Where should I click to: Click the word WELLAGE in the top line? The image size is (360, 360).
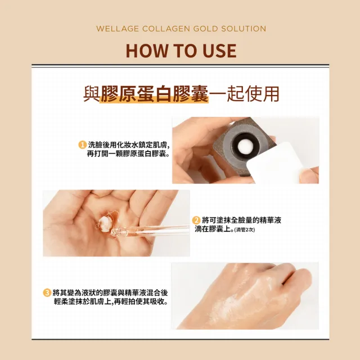[116, 29]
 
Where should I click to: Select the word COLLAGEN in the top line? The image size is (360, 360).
[163, 29]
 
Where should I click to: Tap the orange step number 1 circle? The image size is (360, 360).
[82, 145]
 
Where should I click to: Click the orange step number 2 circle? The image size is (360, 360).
[196, 220]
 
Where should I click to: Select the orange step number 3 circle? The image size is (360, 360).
[47, 292]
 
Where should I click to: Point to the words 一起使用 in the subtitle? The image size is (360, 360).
[244, 94]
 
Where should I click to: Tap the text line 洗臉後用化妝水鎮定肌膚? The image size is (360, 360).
[129, 145]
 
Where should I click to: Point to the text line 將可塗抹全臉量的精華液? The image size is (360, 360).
[241, 220]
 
